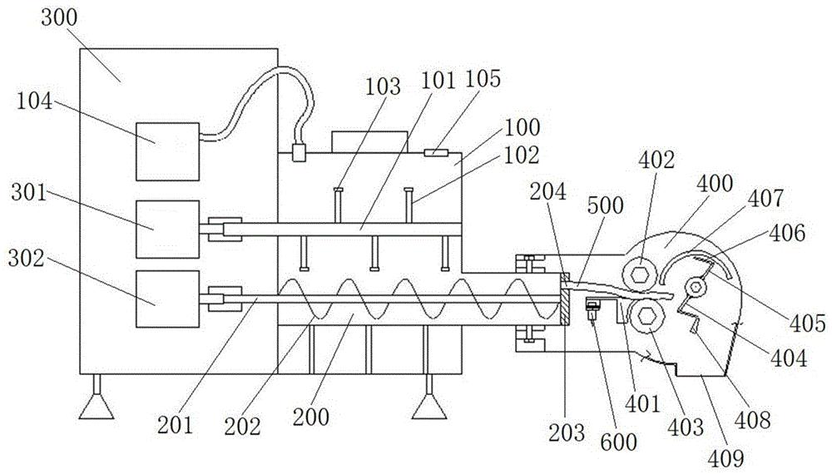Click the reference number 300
pyautogui.click(x=59, y=18)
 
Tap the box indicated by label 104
pyautogui.click(x=168, y=151)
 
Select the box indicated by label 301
pyautogui.click(x=168, y=229)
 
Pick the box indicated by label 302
pyautogui.click(x=168, y=299)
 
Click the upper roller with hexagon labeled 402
pyautogui.click(x=641, y=274)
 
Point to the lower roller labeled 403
pyautogui.click(x=644, y=315)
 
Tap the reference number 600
pyautogui.click(x=619, y=441)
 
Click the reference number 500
pyautogui.click(x=606, y=205)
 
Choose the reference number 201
pyautogui.click(x=175, y=425)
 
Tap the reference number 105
pyautogui.click(x=483, y=79)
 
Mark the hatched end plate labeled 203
pyautogui.click(x=566, y=299)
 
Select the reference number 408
pyautogui.click(x=752, y=420)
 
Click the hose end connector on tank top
pyautogui.click(x=300, y=152)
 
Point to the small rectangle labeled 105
pyautogui.click(x=436, y=153)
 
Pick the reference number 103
pyautogui.click(x=383, y=86)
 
